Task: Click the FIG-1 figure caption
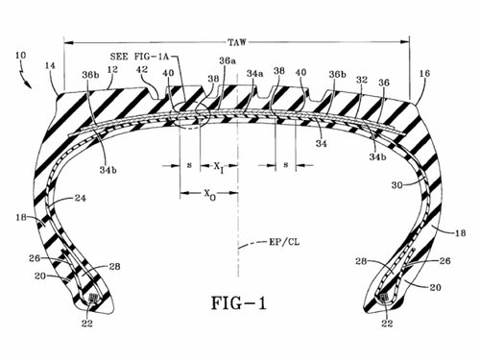(x=239, y=303)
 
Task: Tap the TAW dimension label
(x=237, y=42)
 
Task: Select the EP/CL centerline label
(x=284, y=242)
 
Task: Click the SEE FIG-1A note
(x=139, y=57)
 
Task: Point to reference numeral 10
(x=20, y=55)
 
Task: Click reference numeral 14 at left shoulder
(x=50, y=65)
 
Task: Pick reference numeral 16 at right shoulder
(x=424, y=73)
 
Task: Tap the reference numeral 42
(x=142, y=69)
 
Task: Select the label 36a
(x=228, y=60)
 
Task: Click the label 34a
(x=254, y=73)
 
